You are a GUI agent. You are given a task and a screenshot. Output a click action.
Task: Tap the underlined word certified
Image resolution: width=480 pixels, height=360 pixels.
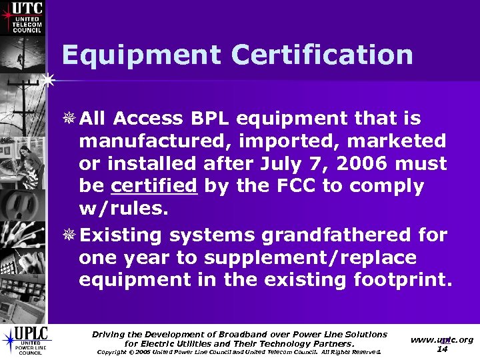coord(154,186)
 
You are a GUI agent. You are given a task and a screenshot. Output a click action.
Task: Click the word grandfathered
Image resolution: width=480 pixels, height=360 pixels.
coord(337,235)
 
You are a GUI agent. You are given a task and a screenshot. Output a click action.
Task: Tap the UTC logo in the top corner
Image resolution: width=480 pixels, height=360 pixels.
coord(23,17)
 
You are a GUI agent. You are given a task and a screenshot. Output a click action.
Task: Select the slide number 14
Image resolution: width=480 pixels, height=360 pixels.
coord(441,349)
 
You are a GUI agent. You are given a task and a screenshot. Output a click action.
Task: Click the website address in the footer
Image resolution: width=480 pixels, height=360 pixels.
coord(441,339)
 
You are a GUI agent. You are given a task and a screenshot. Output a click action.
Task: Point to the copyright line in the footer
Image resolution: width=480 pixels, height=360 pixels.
coord(239,352)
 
